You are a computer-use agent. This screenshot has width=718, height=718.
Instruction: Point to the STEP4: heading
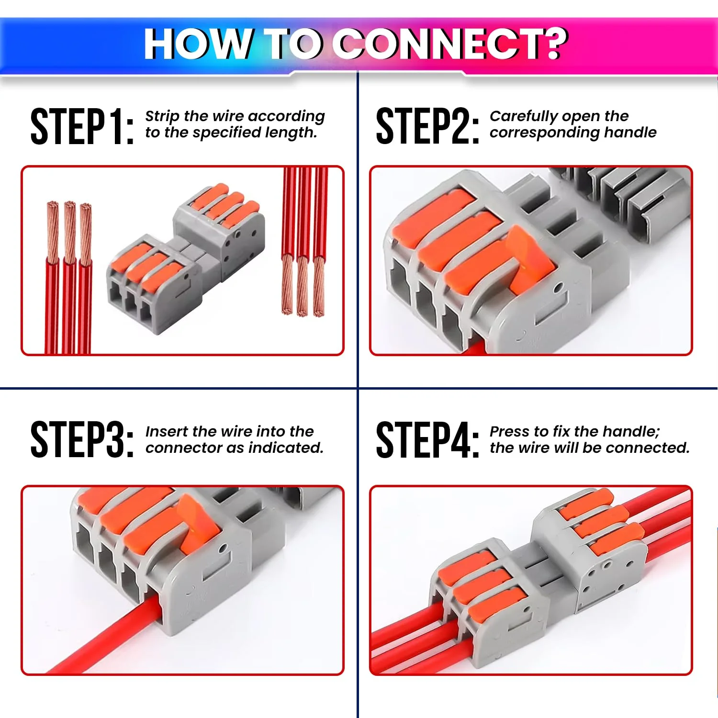point(427,440)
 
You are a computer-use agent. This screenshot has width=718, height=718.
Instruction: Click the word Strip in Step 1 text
point(162,116)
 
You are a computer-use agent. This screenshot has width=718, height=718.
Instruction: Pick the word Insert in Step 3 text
point(167,431)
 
